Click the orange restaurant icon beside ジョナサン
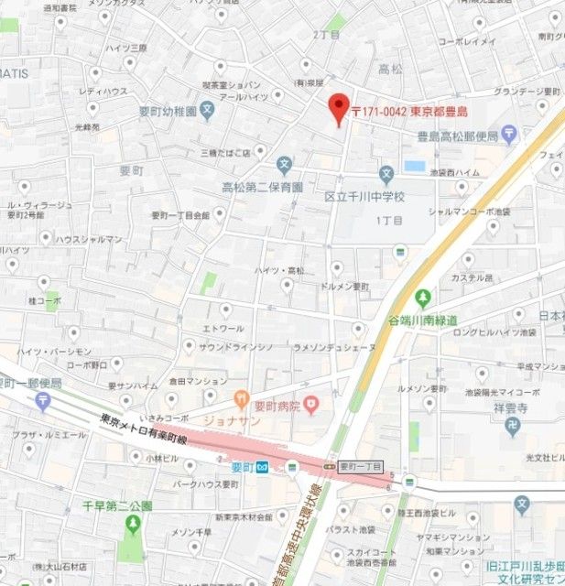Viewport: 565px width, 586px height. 241,398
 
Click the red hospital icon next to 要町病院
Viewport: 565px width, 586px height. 310,401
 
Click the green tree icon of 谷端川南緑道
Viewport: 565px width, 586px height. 423,298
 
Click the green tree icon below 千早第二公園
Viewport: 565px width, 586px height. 134,524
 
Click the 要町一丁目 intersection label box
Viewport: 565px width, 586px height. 360,466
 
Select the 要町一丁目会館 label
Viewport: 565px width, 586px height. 180,215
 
